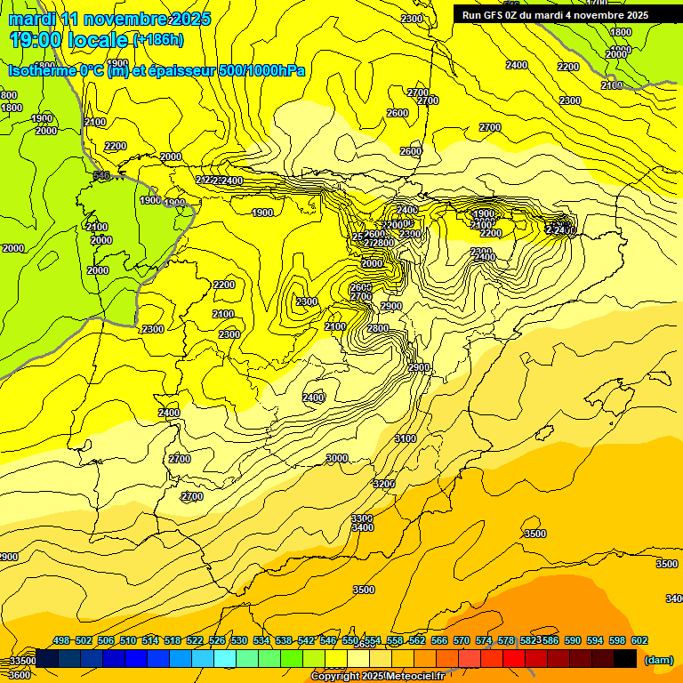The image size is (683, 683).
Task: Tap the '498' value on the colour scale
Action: (61, 640)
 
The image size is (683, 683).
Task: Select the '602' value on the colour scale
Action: (639, 640)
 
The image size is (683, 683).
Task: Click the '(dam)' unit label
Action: (659, 659)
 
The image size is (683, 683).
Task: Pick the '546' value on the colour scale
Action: (328, 640)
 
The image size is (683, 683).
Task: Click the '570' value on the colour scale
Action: (461, 640)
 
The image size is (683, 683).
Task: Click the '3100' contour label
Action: (406, 438)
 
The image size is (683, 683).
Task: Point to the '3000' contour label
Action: (337, 458)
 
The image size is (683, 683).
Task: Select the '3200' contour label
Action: (384, 484)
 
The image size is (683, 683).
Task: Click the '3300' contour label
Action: (362, 518)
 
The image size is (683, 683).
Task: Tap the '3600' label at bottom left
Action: (19, 675)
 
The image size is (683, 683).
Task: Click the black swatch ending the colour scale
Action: (624, 658)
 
